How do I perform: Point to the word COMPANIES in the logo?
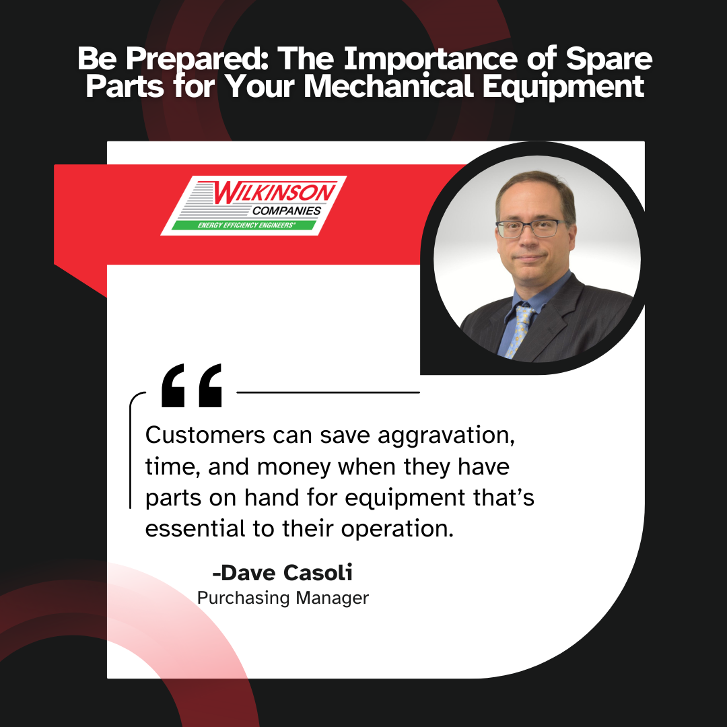287,211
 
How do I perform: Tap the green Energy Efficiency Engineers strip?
244,226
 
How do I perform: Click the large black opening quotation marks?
191,385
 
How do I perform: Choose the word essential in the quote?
195,528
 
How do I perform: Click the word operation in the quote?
397,530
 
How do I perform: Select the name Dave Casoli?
282,573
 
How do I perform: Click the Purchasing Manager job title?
283,598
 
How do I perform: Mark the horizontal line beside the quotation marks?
328,392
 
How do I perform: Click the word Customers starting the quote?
205,436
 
